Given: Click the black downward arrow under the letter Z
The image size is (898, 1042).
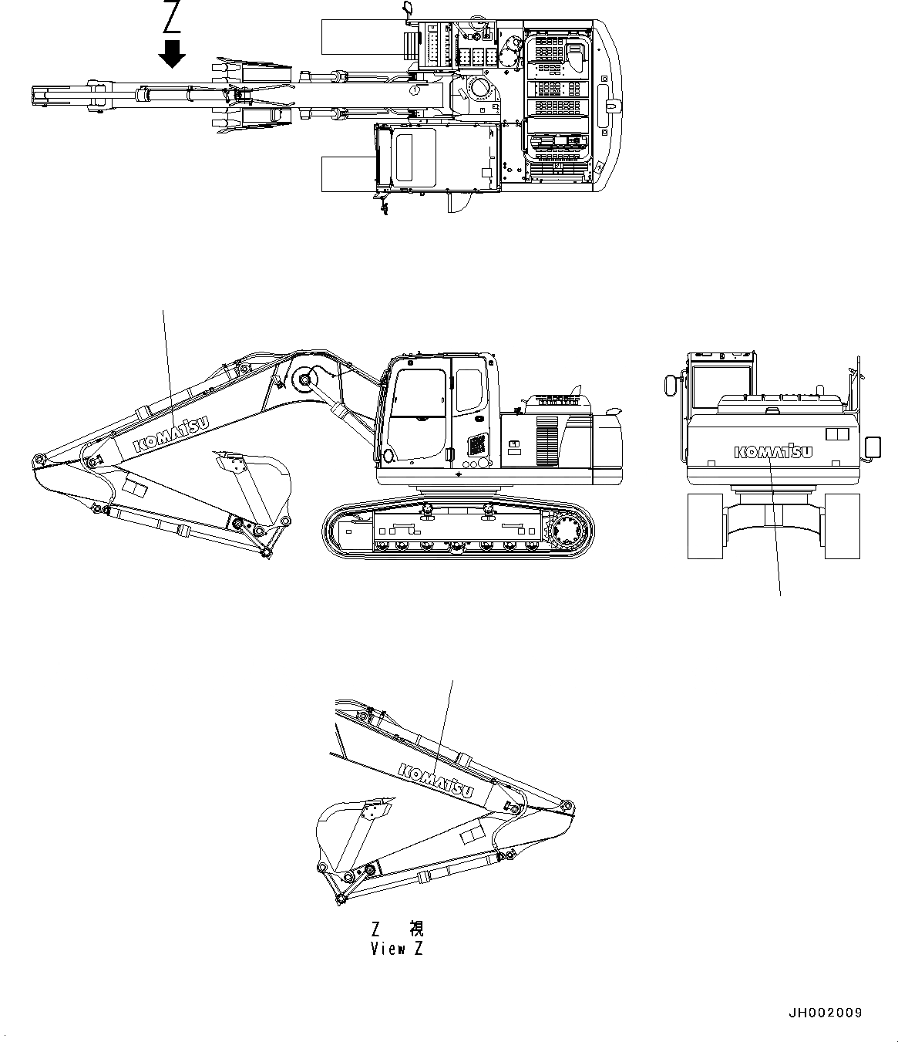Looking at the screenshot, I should (x=171, y=54).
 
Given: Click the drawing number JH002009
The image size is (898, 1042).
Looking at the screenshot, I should (x=825, y=1013).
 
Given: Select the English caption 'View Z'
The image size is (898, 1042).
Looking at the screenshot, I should (x=397, y=949).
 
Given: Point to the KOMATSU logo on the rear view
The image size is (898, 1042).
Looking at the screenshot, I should (x=772, y=452).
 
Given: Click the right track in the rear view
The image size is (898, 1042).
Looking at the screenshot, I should (x=840, y=525).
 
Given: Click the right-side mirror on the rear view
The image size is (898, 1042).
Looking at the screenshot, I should (x=873, y=447).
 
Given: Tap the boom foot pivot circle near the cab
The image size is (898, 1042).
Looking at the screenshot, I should (x=304, y=379).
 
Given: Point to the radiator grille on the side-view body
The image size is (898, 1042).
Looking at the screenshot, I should (x=547, y=440).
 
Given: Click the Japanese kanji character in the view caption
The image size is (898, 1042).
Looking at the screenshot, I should (x=416, y=928).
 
